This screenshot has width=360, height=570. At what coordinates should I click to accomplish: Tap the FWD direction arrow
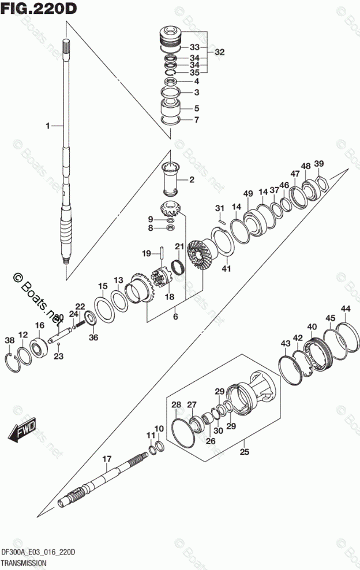pyautogui.click(x=22, y=430)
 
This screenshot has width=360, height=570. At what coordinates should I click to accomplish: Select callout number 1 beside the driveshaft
pyautogui.click(x=49, y=125)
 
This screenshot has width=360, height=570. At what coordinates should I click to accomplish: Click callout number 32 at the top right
pyautogui.click(x=219, y=52)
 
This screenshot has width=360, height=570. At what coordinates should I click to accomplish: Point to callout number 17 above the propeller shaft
pyautogui.click(x=106, y=459)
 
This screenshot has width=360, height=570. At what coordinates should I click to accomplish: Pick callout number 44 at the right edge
pyautogui.click(x=345, y=309)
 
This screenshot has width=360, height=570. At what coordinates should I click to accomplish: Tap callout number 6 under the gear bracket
pyautogui.click(x=175, y=316)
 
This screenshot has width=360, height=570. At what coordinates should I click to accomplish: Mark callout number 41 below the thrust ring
pyautogui.click(x=227, y=268)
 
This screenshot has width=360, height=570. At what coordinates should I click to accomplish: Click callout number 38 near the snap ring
pyautogui.click(x=9, y=340)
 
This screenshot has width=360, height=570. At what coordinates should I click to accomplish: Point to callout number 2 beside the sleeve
pyautogui.click(x=192, y=181)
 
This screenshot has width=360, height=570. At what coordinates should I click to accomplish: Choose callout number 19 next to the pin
pyautogui.click(x=147, y=253)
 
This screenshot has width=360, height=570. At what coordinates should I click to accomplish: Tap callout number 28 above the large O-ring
pyautogui.click(x=176, y=405)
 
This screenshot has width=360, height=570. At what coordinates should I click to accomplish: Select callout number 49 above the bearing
pyautogui.click(x=248, y=193)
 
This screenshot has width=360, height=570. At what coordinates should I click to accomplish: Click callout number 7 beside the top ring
pyautogui.click(x=196, y=120)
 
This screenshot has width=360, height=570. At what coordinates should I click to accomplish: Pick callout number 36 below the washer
pyautogui.click(x=93, y=337)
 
